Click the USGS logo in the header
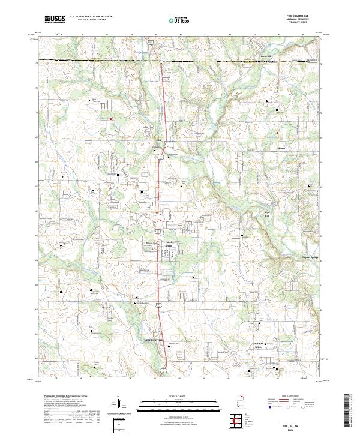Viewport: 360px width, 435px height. [x=55, y=20]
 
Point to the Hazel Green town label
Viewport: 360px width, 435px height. [x=172, y=244]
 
